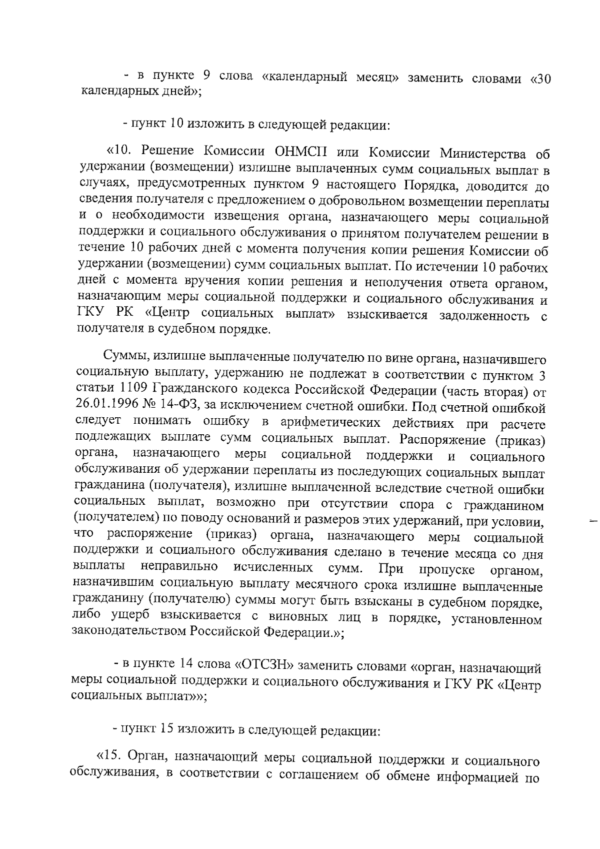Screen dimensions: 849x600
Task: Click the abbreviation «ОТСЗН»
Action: [x=263, y=666]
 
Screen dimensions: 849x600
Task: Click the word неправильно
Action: [x=178, y=568]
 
